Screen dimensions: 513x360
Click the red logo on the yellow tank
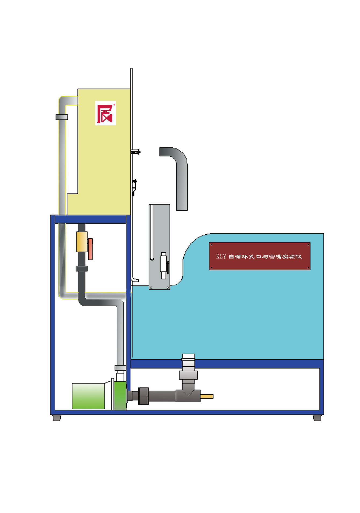105,113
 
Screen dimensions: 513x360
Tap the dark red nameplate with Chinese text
260,256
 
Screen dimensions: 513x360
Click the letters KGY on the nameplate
221,257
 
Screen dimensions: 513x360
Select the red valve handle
91,249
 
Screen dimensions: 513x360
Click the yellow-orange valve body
82,242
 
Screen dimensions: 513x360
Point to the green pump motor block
88,396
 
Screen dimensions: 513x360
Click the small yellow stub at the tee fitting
207,396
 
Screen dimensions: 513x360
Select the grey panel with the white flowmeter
160,247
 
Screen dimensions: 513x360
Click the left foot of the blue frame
57,418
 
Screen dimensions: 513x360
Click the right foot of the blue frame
317,418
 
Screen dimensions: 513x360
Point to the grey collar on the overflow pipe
62,117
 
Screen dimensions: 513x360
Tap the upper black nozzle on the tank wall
136,152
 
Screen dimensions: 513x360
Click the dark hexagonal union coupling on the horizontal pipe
143,396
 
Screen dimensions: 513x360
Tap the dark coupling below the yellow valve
82,268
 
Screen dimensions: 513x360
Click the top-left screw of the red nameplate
211,245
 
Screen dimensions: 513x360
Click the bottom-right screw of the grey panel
168,288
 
